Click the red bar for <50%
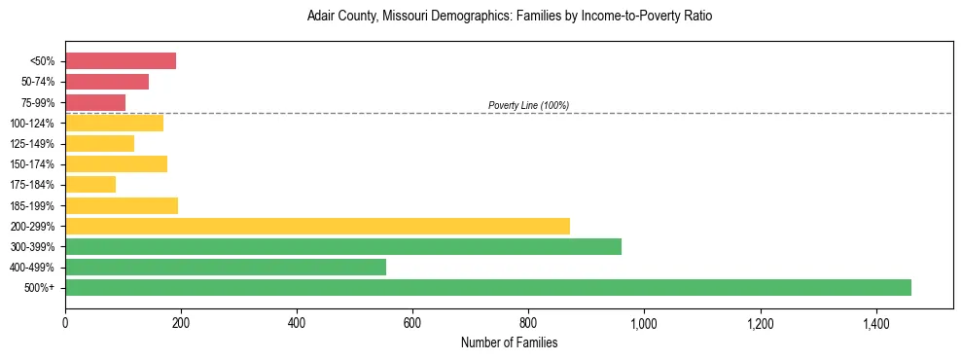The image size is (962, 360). pyautogui.click(x=121, y=61)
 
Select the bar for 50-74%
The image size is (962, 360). pyautogui.click(x=107, y=82)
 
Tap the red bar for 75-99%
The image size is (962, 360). pyautogui.click(x=95, y=102)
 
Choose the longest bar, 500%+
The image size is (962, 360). pyautogui.click(x=488, y=287)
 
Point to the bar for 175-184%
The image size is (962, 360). pyautogui.click(x=90, y=184)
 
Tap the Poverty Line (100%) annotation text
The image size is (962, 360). pyautogui.click(x=528, y=105)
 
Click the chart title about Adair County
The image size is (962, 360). pyautogui.click(x=510, y=17)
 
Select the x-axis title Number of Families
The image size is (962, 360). pyautogui.click(x=510, y=342)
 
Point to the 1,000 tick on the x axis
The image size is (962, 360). pyautogui.click(x=644, y=322)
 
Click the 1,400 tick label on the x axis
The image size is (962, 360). pyautogui.click(x=875, y=322)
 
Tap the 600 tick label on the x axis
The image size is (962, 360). pyautogui.click(x=412, y=322)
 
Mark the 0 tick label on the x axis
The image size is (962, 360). pyautogui.click(x=65, y=322)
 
